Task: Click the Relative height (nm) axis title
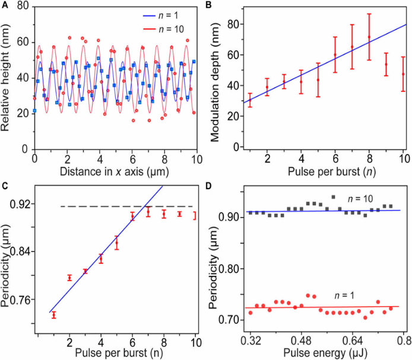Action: point(8,76)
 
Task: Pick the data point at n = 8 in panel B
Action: point(369,37)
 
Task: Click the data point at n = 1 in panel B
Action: point(250,100)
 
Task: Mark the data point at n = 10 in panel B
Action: point(404,74)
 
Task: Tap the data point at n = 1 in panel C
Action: point(53,315)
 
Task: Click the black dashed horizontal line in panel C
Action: point(119,206)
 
